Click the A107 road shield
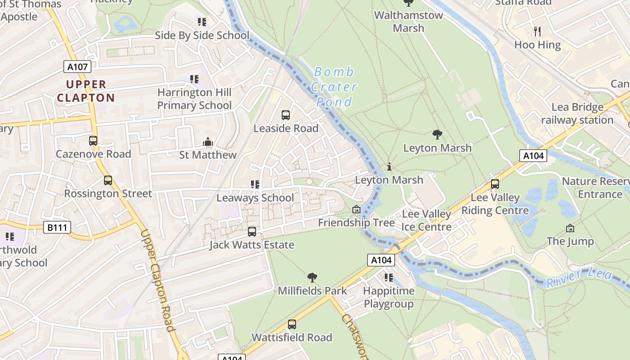click(77, 67)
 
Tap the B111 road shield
click(58, 227)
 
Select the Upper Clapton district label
click(86, 91)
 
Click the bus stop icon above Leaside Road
click(286, 115)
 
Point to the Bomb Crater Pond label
click(334, 87)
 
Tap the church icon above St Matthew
click(207, 142)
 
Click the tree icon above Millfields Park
click(312, 278)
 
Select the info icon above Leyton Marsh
click(389, 167)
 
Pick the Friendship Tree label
click(356, 222)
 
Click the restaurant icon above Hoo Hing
click(537, 31)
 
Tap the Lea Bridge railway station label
click(577, 113)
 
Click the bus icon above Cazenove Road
click(93, 141)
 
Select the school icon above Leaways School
click(255, 184)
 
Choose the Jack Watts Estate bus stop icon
click(252, 232)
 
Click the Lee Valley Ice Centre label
click(426, 220)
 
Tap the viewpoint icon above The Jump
click(570, 228)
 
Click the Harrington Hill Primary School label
click(194, 99)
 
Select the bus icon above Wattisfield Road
click(292, 324)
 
